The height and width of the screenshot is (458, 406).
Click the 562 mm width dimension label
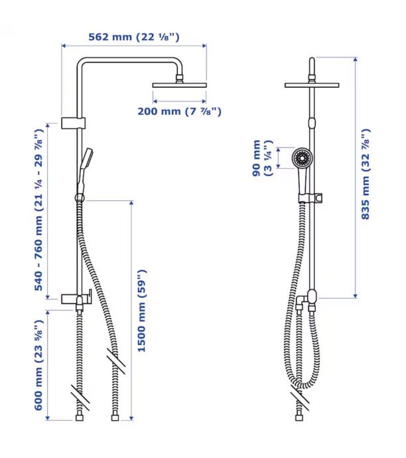[134, 37]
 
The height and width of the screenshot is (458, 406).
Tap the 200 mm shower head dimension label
[180, 112]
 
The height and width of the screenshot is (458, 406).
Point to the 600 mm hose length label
[39, 366]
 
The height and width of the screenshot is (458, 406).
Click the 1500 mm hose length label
[141, 311]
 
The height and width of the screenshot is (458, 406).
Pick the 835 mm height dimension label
[366, 174]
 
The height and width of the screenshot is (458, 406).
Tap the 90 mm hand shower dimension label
[262, 158]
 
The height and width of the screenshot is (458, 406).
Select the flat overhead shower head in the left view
[180, 85]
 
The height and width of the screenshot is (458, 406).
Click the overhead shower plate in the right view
[312, 85]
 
